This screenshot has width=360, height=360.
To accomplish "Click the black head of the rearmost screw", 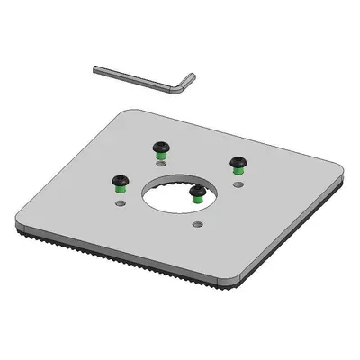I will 158,145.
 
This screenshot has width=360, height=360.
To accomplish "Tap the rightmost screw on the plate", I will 238,161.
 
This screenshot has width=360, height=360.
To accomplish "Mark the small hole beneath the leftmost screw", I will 120,202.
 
